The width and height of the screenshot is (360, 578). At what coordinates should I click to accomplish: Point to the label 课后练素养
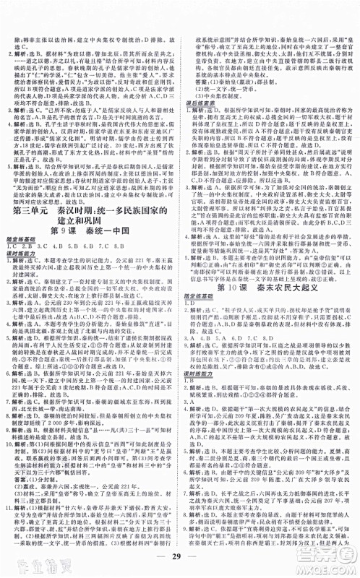coord(197,103)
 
